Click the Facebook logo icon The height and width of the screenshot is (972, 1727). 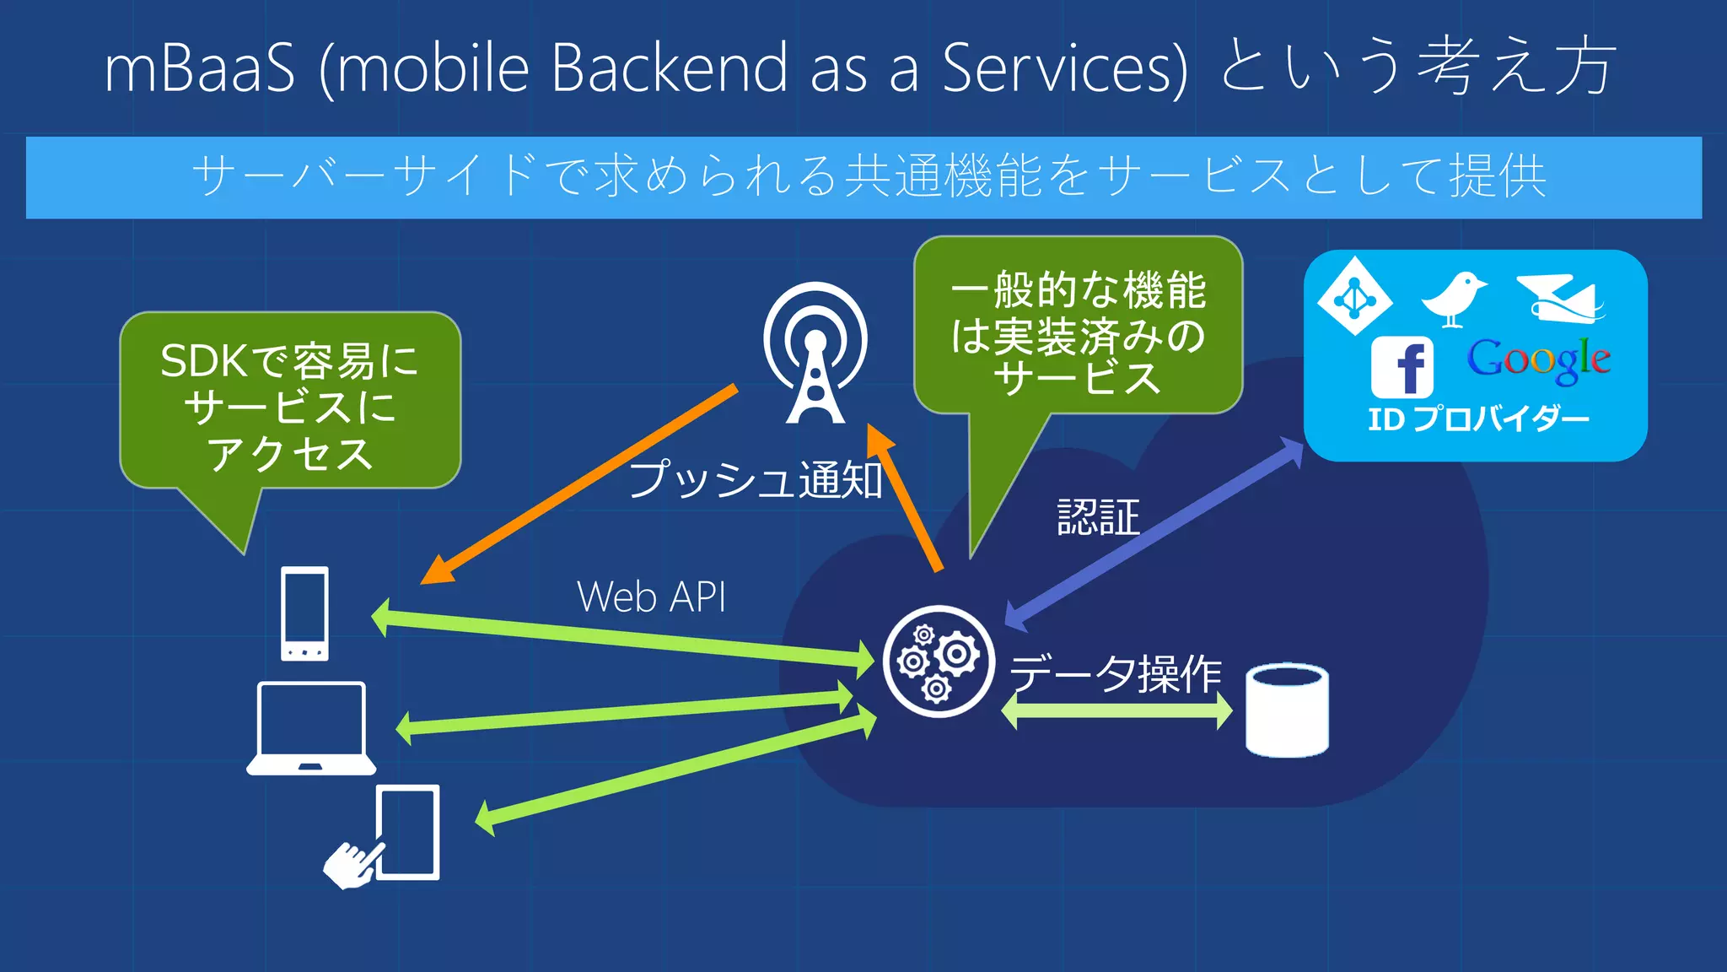pyautogui.click(x=1402, y=367)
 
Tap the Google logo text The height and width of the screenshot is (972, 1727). pyautogui.click(x=1539, y=359)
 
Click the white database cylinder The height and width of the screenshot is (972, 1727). pyautogui.click(x=1287, y=710)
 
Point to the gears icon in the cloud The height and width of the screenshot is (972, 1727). pyautogui.click(x=938, y=661)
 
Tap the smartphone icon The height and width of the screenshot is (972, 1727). pyautogui.click(x=304, y=613)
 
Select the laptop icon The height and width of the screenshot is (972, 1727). pyautogui.click(x=311, y=728)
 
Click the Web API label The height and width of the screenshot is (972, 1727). pyautogui.click(x=651, y=597)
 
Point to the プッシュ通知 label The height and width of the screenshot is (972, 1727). pyautogui.click(x=756, y=480)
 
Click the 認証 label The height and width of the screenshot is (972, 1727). pyautogui.click(x=1098, y=517)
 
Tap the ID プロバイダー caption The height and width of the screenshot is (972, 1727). pyautogui.click(x=1477, y=418)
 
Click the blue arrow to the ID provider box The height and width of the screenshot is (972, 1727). pyautogui.click(x=1155, y=534)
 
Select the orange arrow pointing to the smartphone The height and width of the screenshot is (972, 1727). pyautogui.click(x=582, y=483)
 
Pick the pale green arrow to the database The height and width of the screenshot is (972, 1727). pyautogui.click(x=1116, y=711)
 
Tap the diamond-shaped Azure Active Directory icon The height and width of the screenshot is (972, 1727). pyautogui.click(x=1354, y=297)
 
